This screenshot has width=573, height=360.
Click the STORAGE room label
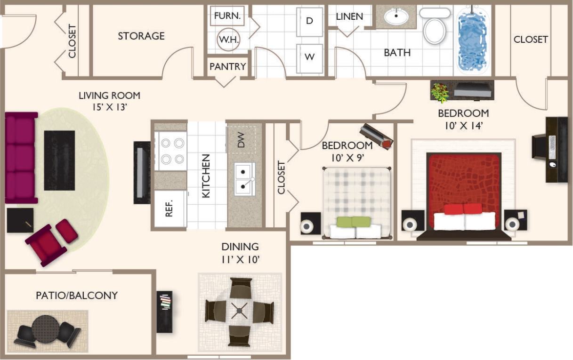(x=141, y=36)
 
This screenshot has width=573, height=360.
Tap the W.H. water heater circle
(x=228, y=40)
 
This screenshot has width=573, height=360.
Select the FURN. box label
(x=227, y=16)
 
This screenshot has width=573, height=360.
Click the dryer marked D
(x=309, y=21)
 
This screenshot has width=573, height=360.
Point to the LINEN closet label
(x=349, y=16)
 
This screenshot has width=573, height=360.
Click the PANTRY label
(x=227, y=66)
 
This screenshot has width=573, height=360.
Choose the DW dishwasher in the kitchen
(x=242, y=139)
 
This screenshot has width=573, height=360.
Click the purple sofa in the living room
(x=21, y=158)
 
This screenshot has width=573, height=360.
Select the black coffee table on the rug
(x=59, y=160)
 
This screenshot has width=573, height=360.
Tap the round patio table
(x=46, y=328)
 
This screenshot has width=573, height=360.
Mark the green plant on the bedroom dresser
(x=440, y=92)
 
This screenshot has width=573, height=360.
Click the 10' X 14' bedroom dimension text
(x=463, y=126)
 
